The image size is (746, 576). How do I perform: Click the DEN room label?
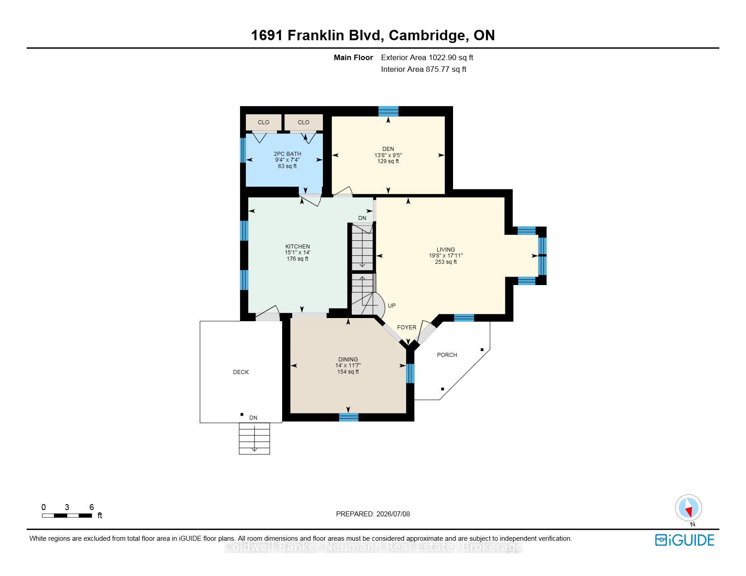point(388,149)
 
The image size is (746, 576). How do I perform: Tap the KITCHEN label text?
point(297,246)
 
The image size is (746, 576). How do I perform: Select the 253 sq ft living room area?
point(446,262)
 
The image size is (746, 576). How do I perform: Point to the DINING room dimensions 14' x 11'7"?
point(348,365)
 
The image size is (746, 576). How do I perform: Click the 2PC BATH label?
point(288,154)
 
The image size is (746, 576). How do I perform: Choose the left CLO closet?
point(263,122)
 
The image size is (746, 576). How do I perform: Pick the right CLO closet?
point(303,122)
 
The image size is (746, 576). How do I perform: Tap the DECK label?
point(241,372)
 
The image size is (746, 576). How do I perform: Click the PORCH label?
point(447,355)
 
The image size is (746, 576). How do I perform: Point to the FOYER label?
point(406,327)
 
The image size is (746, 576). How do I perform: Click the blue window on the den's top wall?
point(388,111)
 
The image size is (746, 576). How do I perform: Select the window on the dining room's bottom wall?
point(349,417)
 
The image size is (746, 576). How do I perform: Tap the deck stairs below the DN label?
point(254,438)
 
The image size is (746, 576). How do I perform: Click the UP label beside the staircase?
point(392,306)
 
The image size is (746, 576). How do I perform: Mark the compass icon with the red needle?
point(688,508)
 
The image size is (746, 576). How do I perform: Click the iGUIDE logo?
point(685,540)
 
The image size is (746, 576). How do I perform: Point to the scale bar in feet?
point(67,515)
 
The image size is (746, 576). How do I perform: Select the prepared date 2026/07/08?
point(393,514)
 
